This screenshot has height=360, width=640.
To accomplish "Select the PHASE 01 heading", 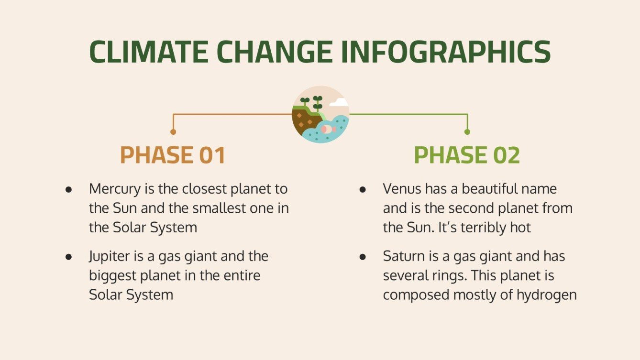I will pos(173,155).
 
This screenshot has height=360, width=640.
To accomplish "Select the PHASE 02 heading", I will pos(467,155).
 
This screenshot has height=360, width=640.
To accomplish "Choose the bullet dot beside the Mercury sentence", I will pos(69,189).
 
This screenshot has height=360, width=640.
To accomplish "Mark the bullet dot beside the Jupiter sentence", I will pos(69,257).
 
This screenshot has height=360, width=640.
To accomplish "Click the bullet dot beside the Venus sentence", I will pos(363,189).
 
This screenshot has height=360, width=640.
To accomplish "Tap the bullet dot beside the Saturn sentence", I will pos(363,257).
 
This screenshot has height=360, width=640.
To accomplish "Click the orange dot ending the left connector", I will pos(173,132).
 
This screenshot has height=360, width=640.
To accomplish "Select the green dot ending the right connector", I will pos(467,132).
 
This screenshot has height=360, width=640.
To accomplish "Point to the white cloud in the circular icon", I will pos(339,102).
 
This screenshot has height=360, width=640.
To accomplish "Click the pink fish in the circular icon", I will pos(327,129).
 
